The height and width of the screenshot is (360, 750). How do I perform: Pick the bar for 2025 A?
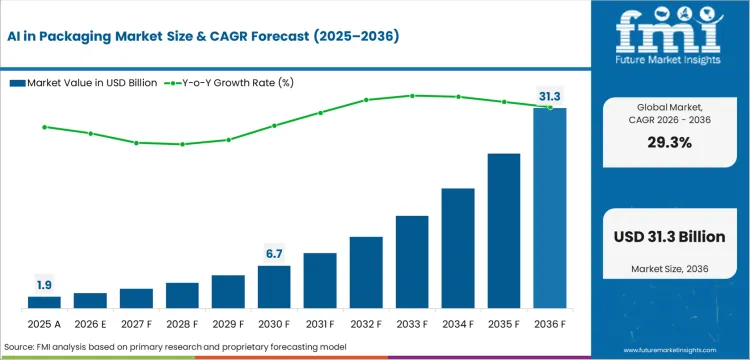coord(44,301)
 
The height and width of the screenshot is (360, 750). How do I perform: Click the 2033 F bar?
coord(412,261)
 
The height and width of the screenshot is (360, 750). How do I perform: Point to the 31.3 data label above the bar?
coord(550,96)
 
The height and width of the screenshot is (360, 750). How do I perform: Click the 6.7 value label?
coord(274,253)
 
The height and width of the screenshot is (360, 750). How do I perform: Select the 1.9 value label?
coord(44,284)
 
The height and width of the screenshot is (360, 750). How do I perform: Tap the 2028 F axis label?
coord(182,324)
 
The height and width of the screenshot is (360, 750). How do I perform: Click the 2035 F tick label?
coord(504,324)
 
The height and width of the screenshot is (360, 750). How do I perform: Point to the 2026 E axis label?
coord(90,324)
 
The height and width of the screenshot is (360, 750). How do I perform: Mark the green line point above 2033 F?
coord(412,96)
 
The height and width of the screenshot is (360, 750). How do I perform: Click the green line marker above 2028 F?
coord(182,144)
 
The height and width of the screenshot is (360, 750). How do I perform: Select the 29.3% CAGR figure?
coord(670,142)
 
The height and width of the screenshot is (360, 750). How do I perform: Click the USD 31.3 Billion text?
coord(670,236)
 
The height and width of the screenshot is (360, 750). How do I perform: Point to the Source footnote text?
coord(175,345)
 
